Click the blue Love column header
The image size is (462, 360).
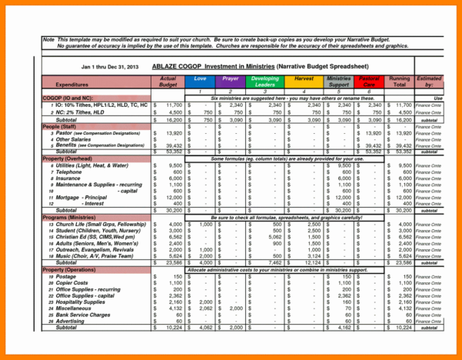tap(200, 79)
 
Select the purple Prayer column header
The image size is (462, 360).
tap(231, 79)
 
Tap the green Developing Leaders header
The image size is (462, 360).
tap(265, 82)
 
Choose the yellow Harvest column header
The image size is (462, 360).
tap(304, 79)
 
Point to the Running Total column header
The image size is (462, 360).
tap(399, 82)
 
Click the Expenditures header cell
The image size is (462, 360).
tap(72, 85)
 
